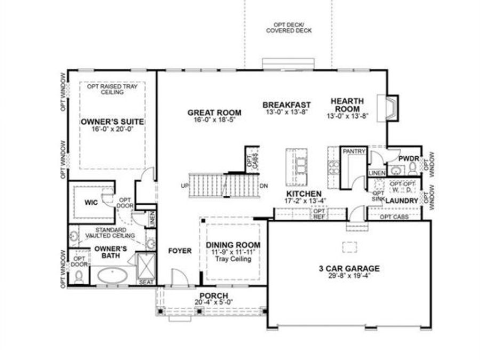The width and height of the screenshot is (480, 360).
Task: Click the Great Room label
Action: pyautogui.click(x=214, y=113)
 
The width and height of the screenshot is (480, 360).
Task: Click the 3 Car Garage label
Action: pyautogui.click(x=346, y=268)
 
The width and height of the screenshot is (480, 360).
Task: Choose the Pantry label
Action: pyautogui.click(x=354, y=152)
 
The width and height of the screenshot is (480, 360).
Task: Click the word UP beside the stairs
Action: pyautogui.click(x=185, y=186)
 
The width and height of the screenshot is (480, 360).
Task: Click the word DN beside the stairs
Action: pyautogui.click(x=263, y=186)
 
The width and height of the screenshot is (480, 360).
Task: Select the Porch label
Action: pyautogui.click(x=213, y=296)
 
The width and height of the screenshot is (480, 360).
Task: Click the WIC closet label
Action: pyautogui.click(x=89, y=203)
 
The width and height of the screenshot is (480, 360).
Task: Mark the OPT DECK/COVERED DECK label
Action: pyautogui.click(x=289, y=28)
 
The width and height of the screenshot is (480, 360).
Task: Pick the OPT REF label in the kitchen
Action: pyautogui.click(x=318, y=214)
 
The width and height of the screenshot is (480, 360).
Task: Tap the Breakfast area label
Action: pyautogui.click(x=286, y=105)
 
